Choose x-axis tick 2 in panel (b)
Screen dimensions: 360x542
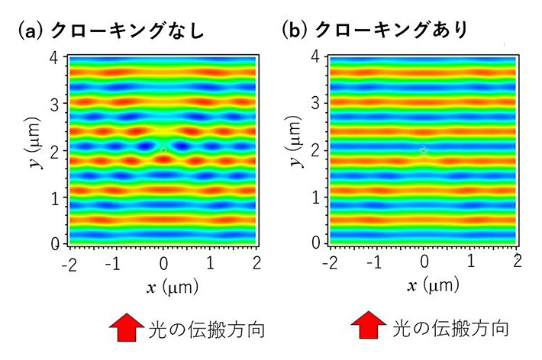[518, 263]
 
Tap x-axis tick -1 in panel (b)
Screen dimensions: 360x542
[376, 263]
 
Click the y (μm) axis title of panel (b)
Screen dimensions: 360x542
[291, 151]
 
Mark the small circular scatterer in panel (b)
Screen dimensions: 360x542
[424, 151]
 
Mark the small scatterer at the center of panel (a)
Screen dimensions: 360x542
[163, 151]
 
